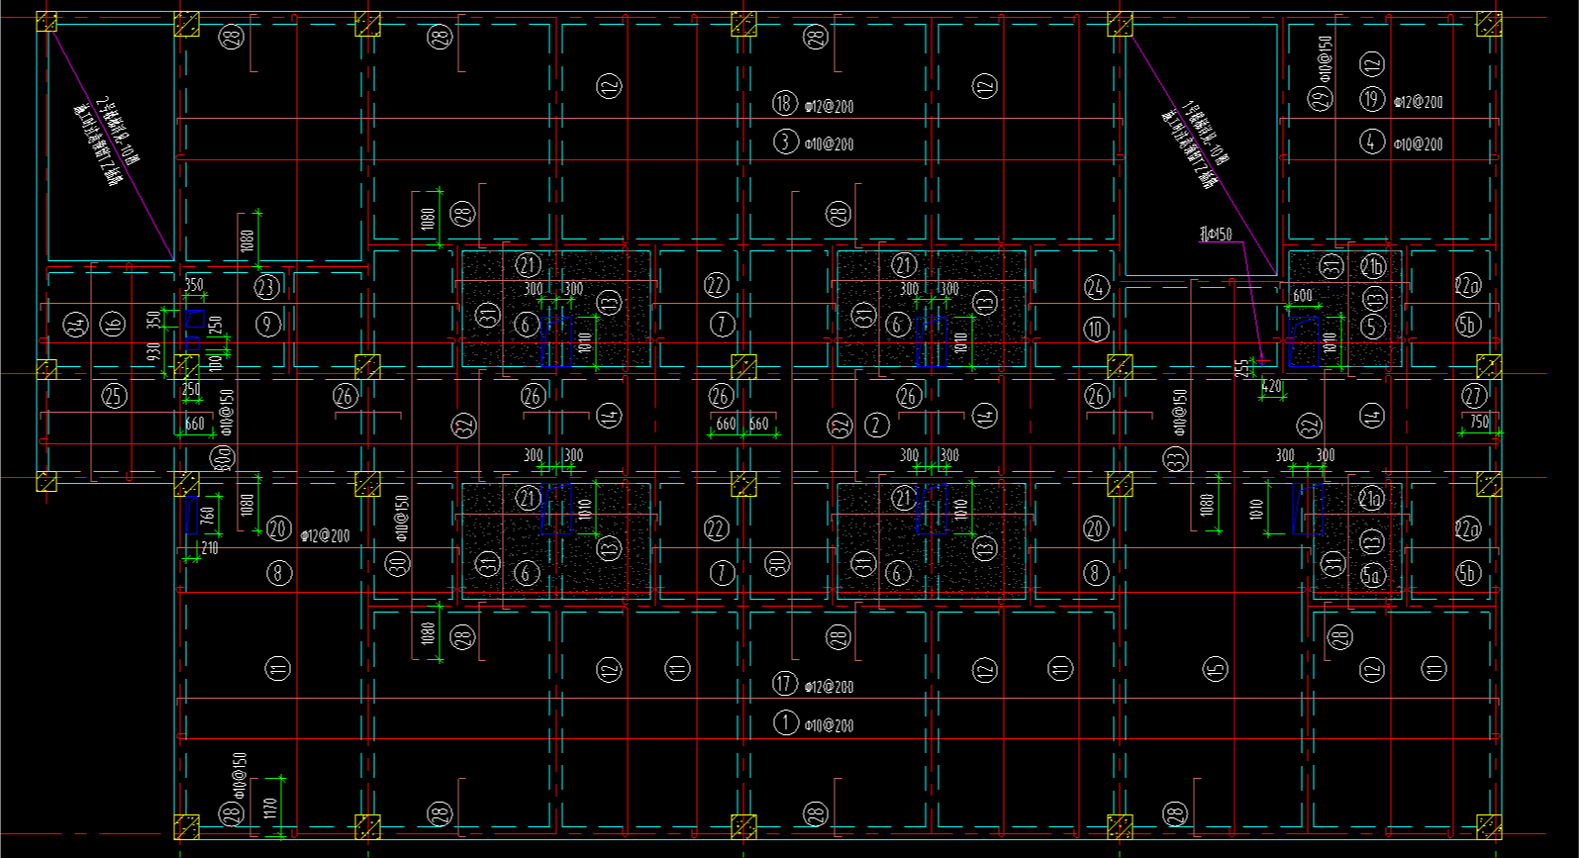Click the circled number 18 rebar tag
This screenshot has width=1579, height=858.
click(x=784, y=103)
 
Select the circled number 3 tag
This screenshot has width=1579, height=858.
click(x=785, y=142)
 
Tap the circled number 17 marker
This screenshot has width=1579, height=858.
click(x=784, y=684)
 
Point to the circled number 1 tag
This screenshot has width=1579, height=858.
click(x=785, y=722)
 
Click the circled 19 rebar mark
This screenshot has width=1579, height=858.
click(x=1371, y=99)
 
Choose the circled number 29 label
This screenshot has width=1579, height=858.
click(x=1322, y=98)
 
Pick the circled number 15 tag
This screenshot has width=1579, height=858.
click(x=1216, y=669)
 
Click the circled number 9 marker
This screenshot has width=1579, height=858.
click(x=267, y=324)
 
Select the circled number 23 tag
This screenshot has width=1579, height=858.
click(x=267, y=287)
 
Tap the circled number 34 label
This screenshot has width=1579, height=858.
click(x=75, y=324)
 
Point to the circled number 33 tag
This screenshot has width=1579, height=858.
click(x=1175, y=459)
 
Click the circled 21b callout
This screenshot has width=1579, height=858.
click(x=1372, y=266)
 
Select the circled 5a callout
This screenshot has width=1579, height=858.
click(x=1371, y=575)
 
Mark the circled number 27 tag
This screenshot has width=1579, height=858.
click(x=1474, y=396)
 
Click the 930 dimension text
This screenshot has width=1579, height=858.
click(x=154, y=352)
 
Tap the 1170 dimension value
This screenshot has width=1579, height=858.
click(x=269, y=807)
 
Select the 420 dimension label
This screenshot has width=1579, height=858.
click(x=1272, y=387)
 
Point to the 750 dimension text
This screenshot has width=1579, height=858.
click(x=1479, y=422)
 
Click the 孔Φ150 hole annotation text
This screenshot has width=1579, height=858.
click(x=1216, y=235)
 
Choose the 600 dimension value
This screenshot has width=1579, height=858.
click(x=1303, y=295)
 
